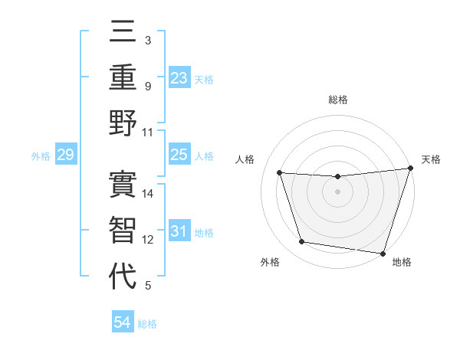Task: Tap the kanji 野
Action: tap(123, 123)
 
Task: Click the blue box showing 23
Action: tap(179, 77)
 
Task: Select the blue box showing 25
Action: tap(179, 155)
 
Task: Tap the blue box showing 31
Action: tap(179, 231)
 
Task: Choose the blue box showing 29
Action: tap(65, 155)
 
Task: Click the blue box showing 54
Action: tap(123, 322)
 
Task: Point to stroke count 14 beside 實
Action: tap(149, 195)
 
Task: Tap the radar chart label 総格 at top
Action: tap(338, 100)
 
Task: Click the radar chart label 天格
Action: tap(431, 159)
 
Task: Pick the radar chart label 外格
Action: tap(270, 263)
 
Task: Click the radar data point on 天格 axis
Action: tap(410, 169)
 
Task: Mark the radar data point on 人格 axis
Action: tap(280, 173)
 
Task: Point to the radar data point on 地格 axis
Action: tap(383, 253)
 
